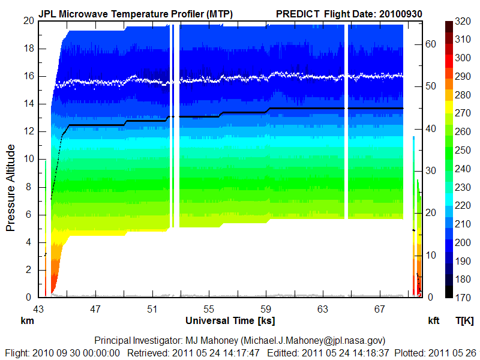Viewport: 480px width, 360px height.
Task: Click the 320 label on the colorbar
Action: coord(463,20)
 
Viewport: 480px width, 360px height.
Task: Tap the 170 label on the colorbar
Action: coord(463,297)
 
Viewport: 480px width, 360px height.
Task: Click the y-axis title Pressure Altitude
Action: coord(10,188)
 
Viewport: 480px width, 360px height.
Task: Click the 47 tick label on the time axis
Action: coord(95,310)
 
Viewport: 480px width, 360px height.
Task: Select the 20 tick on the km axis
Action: coord(28,21)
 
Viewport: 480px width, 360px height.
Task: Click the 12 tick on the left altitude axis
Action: coord(28,131)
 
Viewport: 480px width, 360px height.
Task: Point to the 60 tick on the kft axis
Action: coord(430,43)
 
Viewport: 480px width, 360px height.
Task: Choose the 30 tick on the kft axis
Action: coord(430,170)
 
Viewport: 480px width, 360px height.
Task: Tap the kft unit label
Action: coord(434,321)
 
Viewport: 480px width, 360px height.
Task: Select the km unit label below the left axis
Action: coord(26,321)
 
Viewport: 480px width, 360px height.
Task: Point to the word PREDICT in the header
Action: coord(298,13)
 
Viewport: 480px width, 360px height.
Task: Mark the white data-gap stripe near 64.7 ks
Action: coord(347,120)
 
